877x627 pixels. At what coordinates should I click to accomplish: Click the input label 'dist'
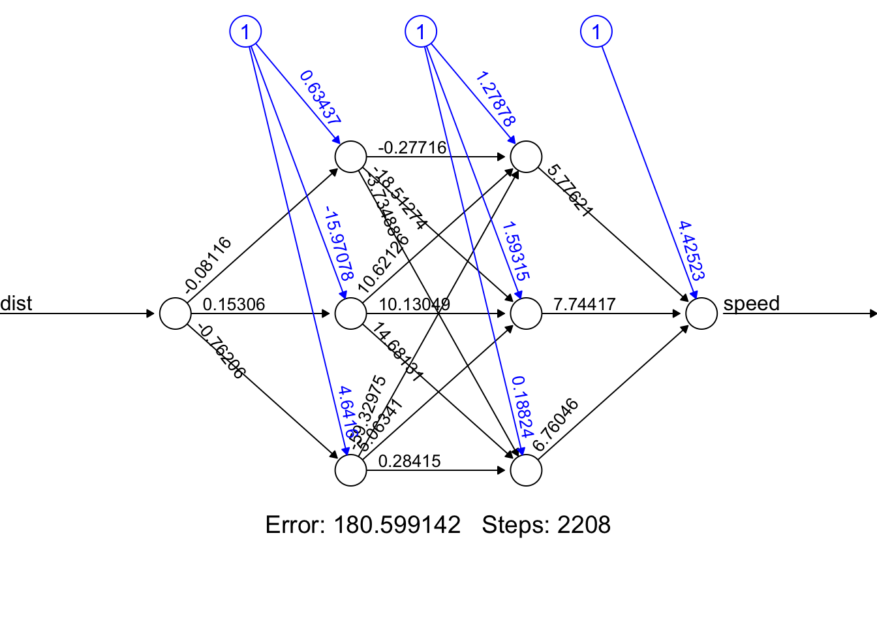(16, 303)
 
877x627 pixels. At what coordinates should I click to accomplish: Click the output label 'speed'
(751, 303)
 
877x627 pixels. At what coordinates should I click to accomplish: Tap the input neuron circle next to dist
(176, 313)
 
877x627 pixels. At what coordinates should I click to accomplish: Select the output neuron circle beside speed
(701, 313)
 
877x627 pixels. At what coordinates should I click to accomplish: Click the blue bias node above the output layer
(596, 31)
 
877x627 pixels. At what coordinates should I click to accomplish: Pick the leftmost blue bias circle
(245, 31)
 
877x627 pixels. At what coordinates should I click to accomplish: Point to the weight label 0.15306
(234, 304)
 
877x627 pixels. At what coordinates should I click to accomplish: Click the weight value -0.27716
(412, 148)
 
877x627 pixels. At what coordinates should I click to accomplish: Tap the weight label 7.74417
(584, 304)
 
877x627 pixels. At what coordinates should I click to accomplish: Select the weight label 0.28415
(409, 461)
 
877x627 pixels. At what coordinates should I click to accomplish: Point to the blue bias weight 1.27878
(495, 99)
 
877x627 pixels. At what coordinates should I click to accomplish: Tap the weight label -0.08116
(208, 264)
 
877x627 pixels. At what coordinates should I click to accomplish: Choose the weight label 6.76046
(555, 425)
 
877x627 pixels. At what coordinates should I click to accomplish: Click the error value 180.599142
(397, 525)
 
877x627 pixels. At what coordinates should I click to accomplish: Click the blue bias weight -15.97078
(339, 244)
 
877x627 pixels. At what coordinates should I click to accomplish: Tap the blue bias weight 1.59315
(515, 250)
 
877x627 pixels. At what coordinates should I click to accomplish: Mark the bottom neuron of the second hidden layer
(526, 470)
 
